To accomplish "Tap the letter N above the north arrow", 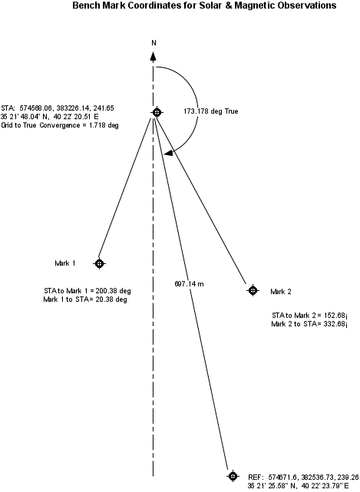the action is (x=154, y=43).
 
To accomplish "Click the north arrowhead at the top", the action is (x=154, y=56).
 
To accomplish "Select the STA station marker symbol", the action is (x=157, y=112).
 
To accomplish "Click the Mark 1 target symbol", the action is (x=100, y=263).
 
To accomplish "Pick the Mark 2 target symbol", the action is (x=253, y=290).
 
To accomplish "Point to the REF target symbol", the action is (x=233, y=476).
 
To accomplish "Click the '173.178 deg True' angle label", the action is (x=211, y=111).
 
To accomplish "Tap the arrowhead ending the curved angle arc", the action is (x=169, y=153).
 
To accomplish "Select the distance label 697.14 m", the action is (x=190, y=284).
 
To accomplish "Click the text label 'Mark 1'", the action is (x=65, y=263).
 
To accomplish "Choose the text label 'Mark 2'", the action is (x=281, y=292).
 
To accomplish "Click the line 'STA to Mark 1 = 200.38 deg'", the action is (x=88, y=291).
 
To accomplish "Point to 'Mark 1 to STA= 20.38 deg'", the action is (x=85, y=299).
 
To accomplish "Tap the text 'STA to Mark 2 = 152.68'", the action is (x=309, y=315).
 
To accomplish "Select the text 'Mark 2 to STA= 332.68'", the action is (x=309, y=324).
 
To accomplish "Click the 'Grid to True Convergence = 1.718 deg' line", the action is (x=60, y=126).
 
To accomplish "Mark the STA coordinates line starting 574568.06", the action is (x=58, y=108).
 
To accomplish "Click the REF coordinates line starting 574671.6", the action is (x=303, y=477).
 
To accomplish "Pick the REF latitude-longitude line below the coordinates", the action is (x=298, y=486).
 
